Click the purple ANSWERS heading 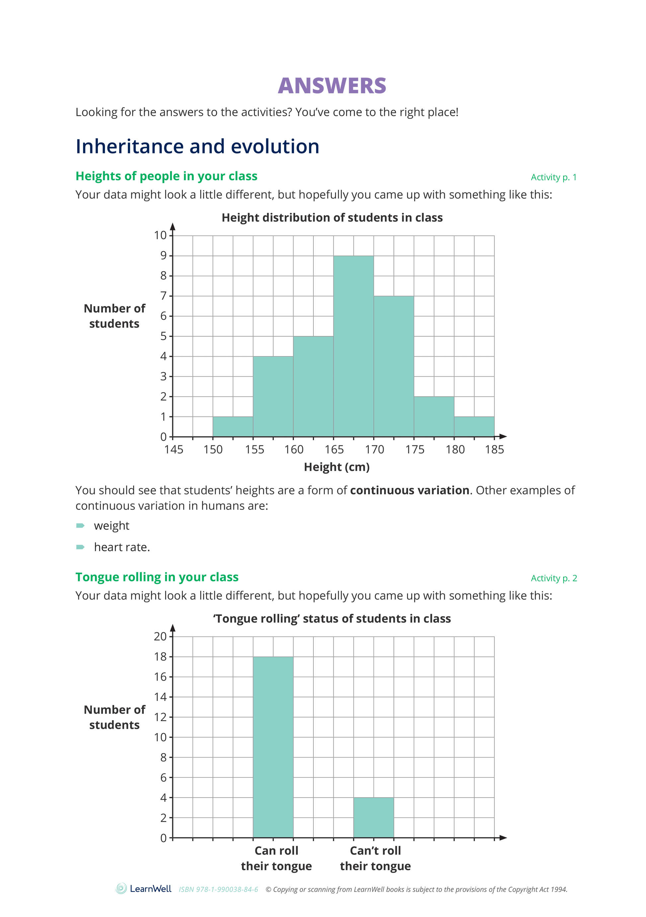coord(332,86)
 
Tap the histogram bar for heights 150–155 coord(233,427)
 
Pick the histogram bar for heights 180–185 coord(474,427)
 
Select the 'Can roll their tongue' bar coord(273,747)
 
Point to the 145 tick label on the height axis coord(174,450)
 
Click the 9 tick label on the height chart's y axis coord(163,256)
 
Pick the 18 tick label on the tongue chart coord(160,657)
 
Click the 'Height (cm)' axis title coord(337,467)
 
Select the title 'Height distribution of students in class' coord(332,218)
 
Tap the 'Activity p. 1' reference coord(553,177)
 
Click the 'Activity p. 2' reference coord(553,578)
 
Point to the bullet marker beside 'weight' coord(80,526)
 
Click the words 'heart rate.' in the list coord(122,547)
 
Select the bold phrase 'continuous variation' coord(409,490)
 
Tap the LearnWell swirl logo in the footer coord(121,889)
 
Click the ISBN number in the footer coord(218,889)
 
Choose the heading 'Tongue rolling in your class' coord(157,577)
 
